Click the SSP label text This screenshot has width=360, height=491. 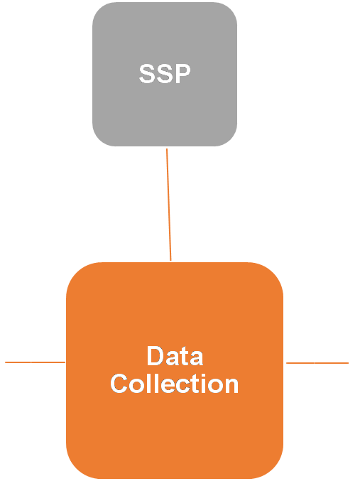coord(165,74)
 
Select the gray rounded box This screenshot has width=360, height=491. coord(165,74)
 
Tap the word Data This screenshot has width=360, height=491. coord(175,356)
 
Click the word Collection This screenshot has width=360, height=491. coord(175,383)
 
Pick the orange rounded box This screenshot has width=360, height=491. coord(175,370)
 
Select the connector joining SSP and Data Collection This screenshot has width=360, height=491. coord(169,205)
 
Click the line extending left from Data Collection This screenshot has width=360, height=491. coord(35,362)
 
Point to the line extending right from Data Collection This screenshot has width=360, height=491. coord(317,363)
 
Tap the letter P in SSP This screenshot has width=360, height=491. coord(182,74)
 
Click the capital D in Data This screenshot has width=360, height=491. coord(155,356)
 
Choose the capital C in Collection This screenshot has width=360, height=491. coord(119,383)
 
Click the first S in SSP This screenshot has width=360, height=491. coord(147,74)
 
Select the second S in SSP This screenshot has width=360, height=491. coord(165,74)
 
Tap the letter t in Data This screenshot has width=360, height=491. coord(185,357)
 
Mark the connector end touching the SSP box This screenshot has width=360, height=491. coord(167,149)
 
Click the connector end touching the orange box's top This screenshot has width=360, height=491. coord(170,261)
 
